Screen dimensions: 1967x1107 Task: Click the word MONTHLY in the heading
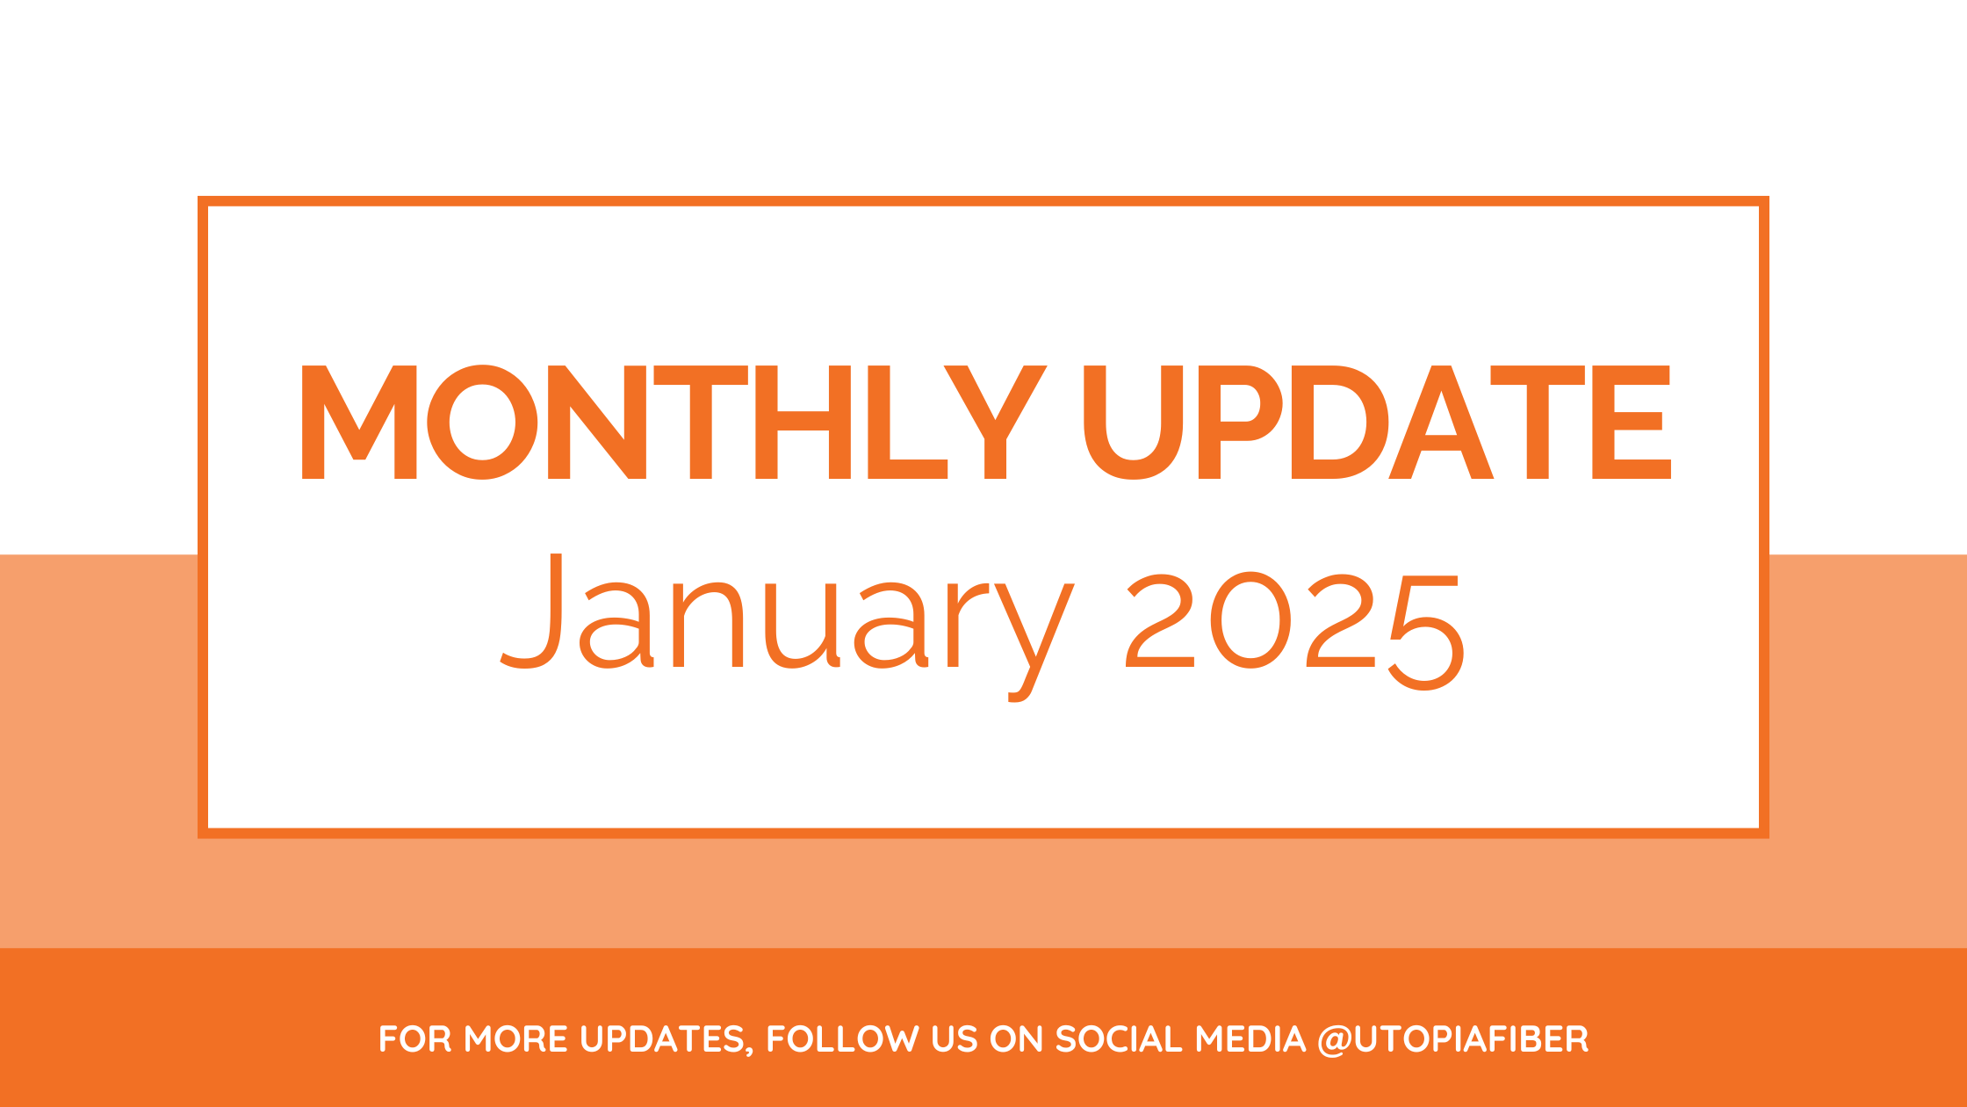674,422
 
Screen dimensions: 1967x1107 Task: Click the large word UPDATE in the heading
1377,422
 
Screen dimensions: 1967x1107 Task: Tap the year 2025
1295,631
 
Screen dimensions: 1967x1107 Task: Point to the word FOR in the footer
415,1039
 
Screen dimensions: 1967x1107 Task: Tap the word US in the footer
955,1039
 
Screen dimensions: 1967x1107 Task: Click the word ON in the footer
1016,1039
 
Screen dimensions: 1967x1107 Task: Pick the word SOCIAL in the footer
1119,1039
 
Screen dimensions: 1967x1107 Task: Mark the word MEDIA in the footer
1250,1039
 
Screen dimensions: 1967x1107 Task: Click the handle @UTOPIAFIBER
1453,1040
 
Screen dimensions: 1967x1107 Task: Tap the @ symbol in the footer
1335,1041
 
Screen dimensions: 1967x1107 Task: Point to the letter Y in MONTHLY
996,422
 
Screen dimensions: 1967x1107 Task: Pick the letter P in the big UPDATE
1240,422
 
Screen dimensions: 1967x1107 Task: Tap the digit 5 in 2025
1427,633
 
